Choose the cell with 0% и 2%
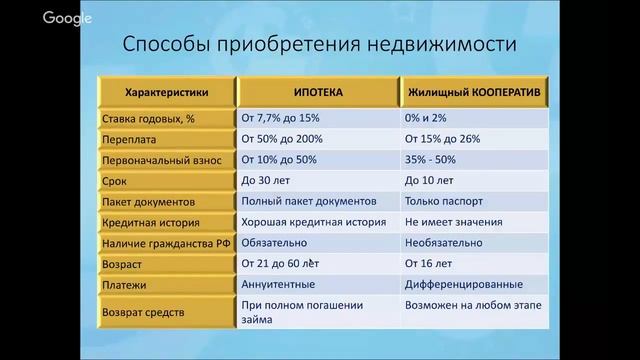pos(427,118)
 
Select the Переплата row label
pos(129,140)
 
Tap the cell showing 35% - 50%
pos(432,160)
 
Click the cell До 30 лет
pos(266,181)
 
